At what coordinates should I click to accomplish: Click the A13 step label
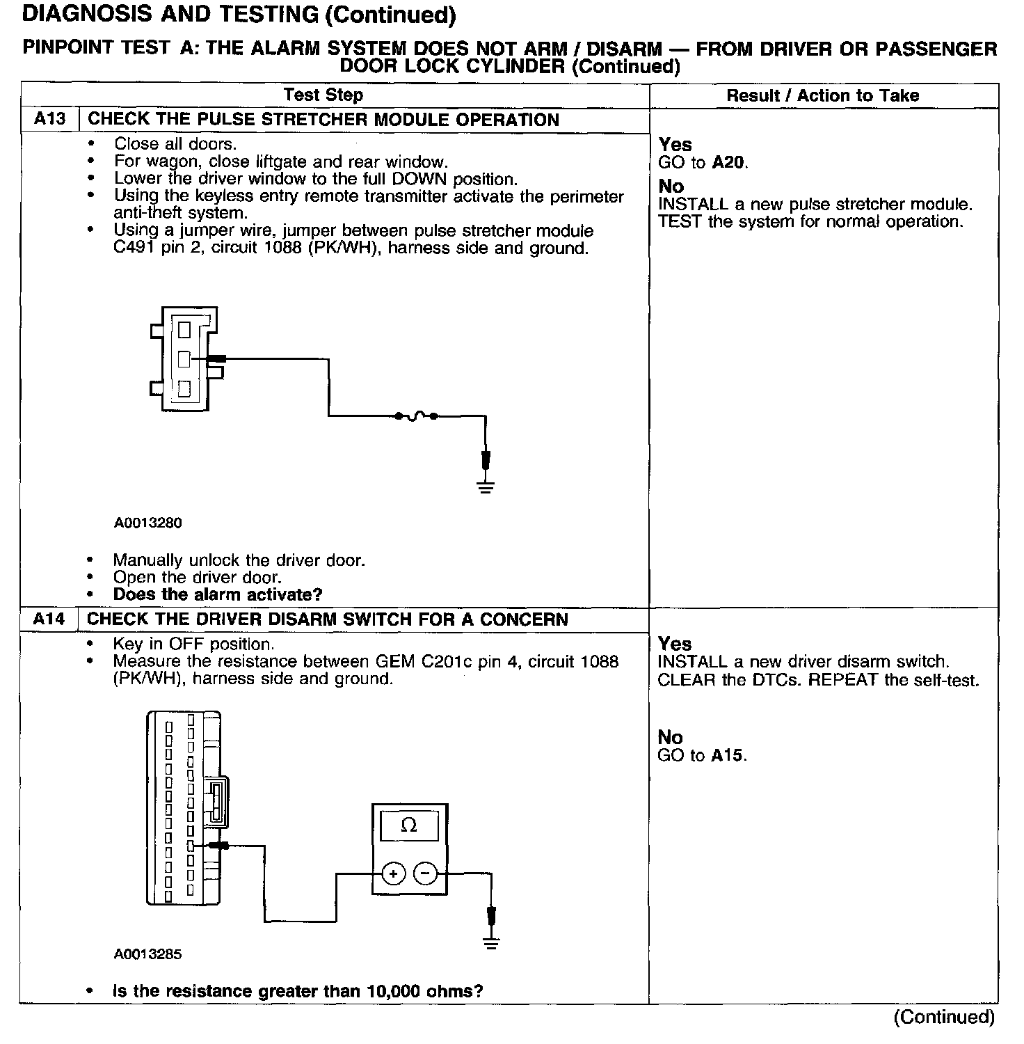pyautogui.click(x=49, y=119)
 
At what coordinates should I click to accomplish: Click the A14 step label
pyautogui.click(x=49, y=619)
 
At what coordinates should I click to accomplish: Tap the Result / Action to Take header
pyautogui.click(x=822, y=96)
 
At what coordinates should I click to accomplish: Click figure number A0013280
pyautogui.click(x=148, y=523)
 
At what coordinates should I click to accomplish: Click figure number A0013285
pyautogui.click(x=148, y=954)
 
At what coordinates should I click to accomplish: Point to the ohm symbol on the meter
pyautogui.click(x=409, y=826)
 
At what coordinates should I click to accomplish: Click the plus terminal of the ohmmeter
pyautogui.click(x=393, y=873)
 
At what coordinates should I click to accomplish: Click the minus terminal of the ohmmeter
pyautogui.click(x=425, y=873)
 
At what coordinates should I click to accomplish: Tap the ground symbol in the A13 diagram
pyautogui.click(x=486, y=487)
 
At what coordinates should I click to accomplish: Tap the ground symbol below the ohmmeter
pyautogui.click(x=491, y=944)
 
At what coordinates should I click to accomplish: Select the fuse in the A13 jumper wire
pyautogui.click(x=415, y=416)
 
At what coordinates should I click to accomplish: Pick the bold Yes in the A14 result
pyautogui.click(x=675, y=644)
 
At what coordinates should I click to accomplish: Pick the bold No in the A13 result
pyautogui.click(x=671, y=187)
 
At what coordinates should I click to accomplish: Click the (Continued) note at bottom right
pyautogui.click(x=944, y=1017)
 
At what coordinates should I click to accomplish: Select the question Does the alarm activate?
pyautogui.click(x=218, y=595)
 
